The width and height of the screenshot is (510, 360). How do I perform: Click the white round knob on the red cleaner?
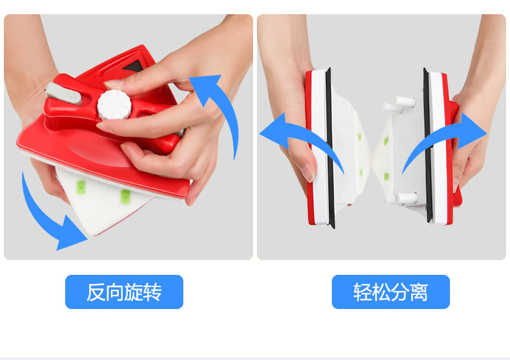[114, 105]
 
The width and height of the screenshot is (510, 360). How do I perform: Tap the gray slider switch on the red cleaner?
[63, 94]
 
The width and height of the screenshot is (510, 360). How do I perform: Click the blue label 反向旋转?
[124, 292]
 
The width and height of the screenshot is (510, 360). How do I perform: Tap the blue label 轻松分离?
[391, 292]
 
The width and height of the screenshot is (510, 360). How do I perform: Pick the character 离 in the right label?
[418, 292]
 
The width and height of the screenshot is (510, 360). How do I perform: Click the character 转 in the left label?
[152, 292]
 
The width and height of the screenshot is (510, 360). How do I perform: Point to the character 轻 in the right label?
[363, 292]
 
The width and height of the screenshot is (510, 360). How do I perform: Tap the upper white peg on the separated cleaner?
[404, 101]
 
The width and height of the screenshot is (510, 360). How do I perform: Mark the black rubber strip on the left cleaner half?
[330, 148]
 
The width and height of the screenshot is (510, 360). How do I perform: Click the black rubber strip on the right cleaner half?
[427, 145]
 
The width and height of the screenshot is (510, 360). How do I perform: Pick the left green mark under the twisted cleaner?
[81, 187]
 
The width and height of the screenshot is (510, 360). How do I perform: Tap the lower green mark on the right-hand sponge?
[387, 176]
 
